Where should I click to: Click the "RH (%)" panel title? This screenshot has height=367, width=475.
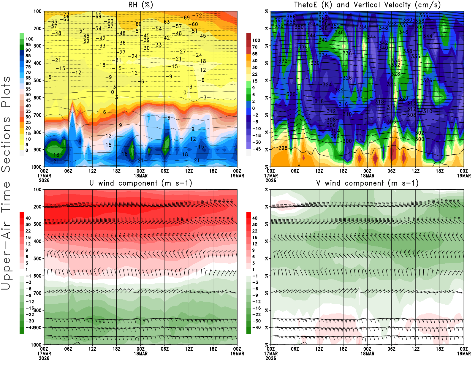pos(140,5)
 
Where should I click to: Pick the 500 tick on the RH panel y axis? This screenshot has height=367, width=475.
pos(37,80)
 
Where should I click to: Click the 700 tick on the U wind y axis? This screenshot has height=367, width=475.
pos(37,293)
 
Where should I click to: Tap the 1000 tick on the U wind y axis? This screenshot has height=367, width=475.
pos(36,345)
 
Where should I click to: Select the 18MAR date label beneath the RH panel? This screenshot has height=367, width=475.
pos(141,176)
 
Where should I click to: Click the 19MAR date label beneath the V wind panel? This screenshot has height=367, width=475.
pos(464,354)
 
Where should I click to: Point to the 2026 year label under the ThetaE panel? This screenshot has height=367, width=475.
pos(271,180)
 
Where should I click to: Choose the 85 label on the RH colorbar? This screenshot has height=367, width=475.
pos(28,56)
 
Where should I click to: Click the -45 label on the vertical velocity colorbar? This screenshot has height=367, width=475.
pos(256,149)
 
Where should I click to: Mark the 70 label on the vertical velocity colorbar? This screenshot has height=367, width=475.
pos(255,47)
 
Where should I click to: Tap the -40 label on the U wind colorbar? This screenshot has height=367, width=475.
pos(30,327)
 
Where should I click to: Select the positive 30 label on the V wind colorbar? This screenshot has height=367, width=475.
pos(255,224)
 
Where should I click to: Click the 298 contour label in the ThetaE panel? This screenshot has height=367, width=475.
pos(283,148)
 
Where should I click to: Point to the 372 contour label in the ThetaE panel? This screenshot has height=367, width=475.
pos(323,14)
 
